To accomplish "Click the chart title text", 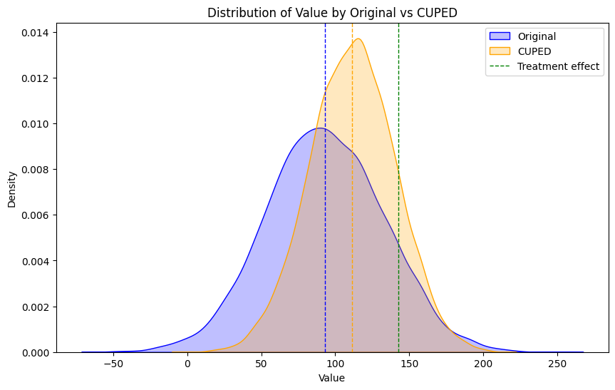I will [x=331, y=12].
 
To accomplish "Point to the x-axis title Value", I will [x=331, y=378].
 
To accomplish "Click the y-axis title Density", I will [x=12, y=188].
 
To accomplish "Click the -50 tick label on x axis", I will [x=113, y=364].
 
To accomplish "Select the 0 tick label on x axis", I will [x=187, y=364].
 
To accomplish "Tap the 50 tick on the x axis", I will [x=261, y=364].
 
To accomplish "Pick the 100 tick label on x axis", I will [x=335, y=364].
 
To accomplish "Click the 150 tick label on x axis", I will [x=409, y=364].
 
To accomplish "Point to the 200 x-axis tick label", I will [x=483, y=364].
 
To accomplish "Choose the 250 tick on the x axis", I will [x=557, y=364].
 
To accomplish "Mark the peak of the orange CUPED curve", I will [x=358, y=39].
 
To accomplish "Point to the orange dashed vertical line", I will [x=352, y=214].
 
